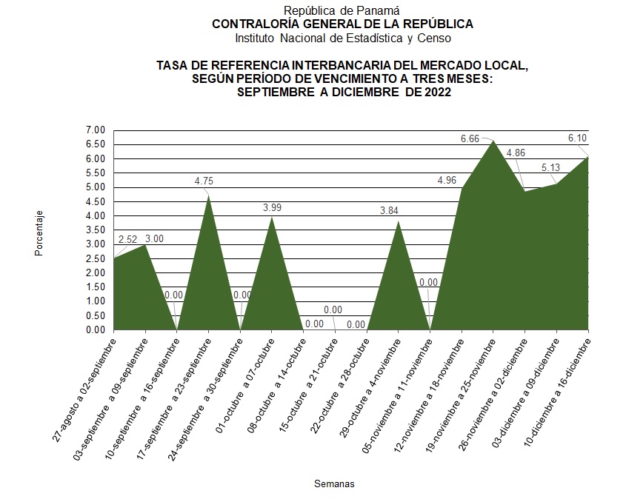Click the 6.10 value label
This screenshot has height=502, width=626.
click(x=578, y=138)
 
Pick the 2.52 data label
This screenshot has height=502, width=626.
click(x=127, y=240)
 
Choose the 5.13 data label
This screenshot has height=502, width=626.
click(x=551, y=167)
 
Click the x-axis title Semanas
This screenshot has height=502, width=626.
click(x=334, y=484)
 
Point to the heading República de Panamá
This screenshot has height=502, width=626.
click(x=342, y=10)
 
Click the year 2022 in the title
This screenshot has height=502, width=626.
click(x=435, y=92)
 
